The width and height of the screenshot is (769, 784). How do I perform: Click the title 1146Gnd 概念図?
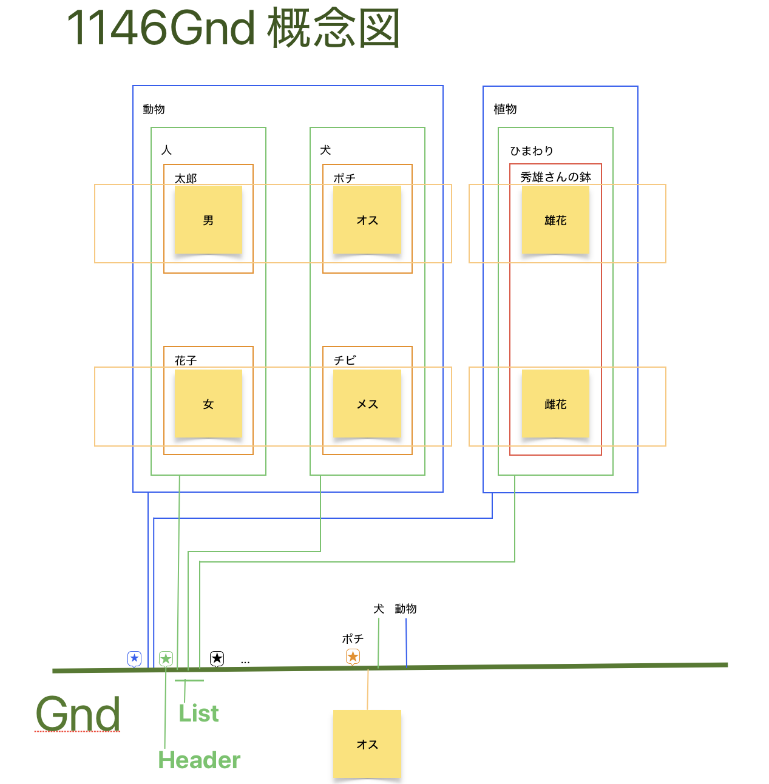tap(233, 29)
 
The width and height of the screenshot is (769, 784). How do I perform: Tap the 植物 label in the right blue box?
tap(505, 109)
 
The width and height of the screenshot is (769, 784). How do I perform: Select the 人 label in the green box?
tap(167, 150)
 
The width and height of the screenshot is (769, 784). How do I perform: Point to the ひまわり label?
tap(532, 150)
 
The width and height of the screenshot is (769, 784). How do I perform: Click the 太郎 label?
tap(186, 178)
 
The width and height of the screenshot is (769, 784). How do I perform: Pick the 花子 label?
tap(186, 360)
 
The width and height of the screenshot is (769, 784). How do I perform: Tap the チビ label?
tap(345, 360)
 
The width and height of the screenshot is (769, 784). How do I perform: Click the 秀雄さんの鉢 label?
tap(555, 177)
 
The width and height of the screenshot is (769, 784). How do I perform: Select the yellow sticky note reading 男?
tap(208, 220)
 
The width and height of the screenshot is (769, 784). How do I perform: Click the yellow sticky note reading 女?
tap(208, 404)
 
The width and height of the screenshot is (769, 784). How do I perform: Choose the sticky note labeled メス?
tap(367, 404)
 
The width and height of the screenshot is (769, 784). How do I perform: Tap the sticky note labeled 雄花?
tap(555, 220)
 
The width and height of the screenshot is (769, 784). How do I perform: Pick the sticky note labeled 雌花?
tap(555, 404)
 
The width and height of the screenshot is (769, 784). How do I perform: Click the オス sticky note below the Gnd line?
tap(367, 744)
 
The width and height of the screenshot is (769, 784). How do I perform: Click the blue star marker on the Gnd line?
tap(135, 658)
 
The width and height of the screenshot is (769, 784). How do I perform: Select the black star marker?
tap(217, 658)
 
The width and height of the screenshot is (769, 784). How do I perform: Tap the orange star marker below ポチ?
tap(353, 657)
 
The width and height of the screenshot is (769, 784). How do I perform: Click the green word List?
tap(198, 714)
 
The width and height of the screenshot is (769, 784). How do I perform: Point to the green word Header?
tap(199, 760)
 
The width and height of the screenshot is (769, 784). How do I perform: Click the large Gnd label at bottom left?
tap(78, 714)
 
